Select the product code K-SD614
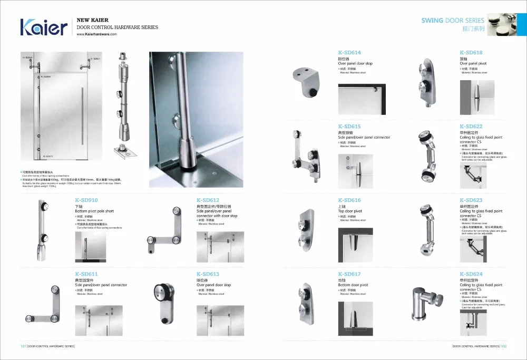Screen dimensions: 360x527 pyautogui.click(x=349, y=53)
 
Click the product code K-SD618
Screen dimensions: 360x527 pyautogui.click(x=471, y=53)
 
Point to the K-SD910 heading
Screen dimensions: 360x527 pyautogui.click(x=86, y=200)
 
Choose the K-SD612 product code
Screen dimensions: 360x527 pyautogui.click(x=208, y=200)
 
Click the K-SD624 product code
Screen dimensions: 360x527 pyautogui.click(x=471, y=274)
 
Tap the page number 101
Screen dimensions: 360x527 pyautogui.click(x=23, y=347)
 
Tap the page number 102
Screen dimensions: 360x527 pyautogui.click(x=503, y=347)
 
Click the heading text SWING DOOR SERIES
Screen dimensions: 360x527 pyautogui.click(x=452, y=21)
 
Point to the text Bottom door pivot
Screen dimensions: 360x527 pyautogui.click(x=353, y=285)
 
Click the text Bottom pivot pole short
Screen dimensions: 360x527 pyautogui.click(x=94, y=211)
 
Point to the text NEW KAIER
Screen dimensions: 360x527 pyautogui.click(x=92, y=20)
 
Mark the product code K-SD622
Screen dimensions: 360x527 pyautogui.click(x=471, y=127)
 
